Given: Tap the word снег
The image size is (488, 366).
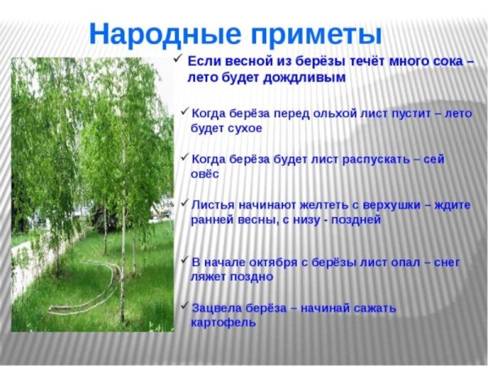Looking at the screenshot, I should (x=445, y=262).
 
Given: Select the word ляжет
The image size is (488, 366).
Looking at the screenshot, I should (x=208, y=277).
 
